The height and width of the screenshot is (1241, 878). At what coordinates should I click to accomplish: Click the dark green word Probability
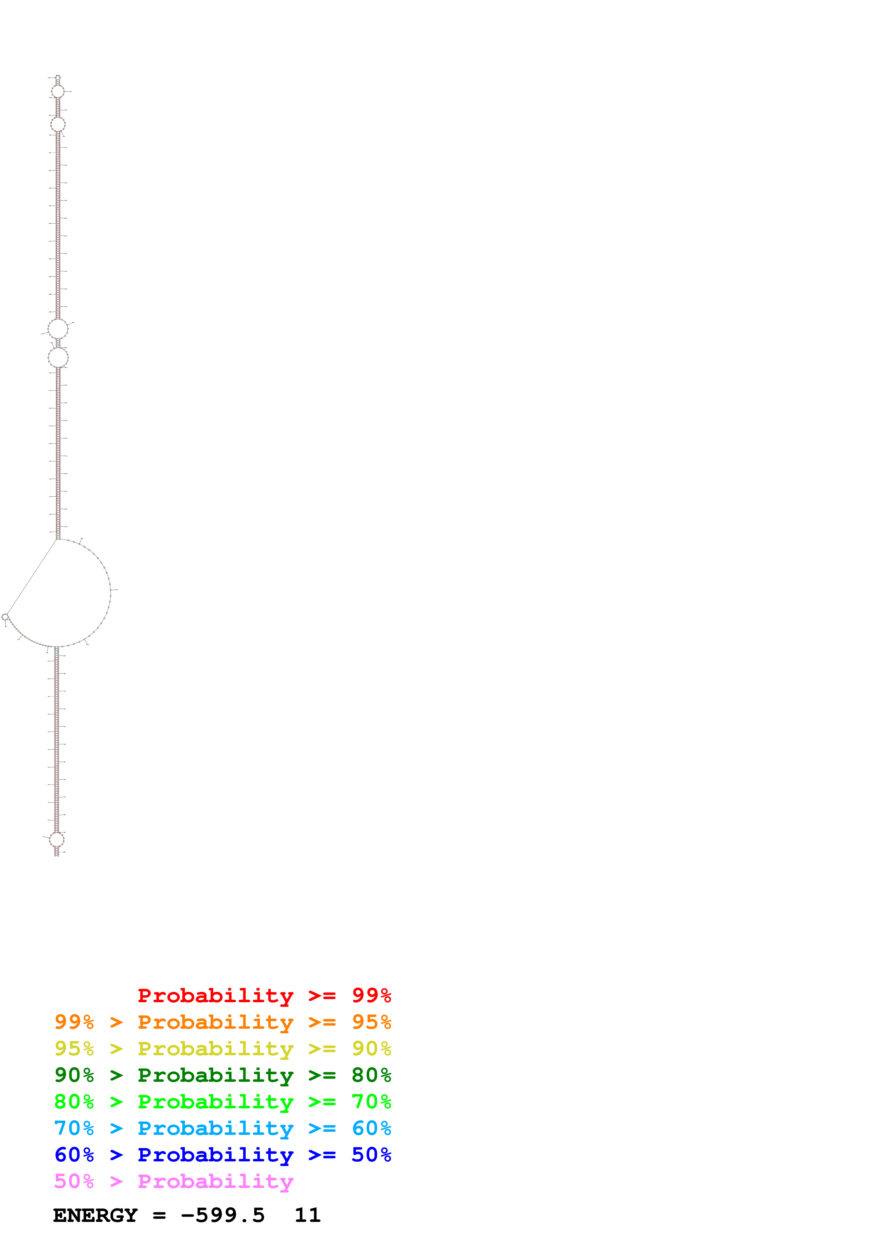[215, 1075]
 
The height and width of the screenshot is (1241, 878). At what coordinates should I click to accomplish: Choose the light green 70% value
[371, 1102]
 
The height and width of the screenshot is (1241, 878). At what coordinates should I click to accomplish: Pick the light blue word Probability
[215, 1128]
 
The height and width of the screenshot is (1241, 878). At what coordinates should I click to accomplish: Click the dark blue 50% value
[371, 1155]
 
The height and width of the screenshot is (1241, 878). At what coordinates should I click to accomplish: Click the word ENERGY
[95, 1215]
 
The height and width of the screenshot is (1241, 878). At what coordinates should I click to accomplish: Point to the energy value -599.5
[223, 1215]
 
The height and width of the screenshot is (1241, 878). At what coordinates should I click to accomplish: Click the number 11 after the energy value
[307, 1215]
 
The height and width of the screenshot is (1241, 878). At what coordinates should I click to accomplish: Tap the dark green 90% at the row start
[74, 1075]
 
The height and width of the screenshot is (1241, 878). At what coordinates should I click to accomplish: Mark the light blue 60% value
[371, 1128]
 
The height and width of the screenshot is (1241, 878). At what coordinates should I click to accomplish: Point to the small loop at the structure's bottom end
[57, 839]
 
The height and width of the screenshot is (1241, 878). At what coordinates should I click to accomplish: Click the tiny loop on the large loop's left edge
[5, 617]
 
